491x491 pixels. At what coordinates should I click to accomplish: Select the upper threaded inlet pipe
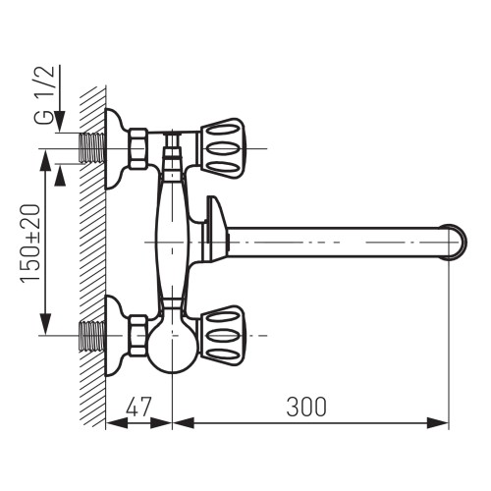pyautogui.click(x=92, y=147)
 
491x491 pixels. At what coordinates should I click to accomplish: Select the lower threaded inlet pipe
pyautogui.click(x=92, y=335)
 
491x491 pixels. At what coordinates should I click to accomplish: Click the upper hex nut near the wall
pyautogui.click(x=137, y=147)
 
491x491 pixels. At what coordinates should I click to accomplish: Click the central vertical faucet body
pyautogui.click(x=172, y=241)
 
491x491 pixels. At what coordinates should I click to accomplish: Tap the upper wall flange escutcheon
pyautogui.click(x=116, y=147)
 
